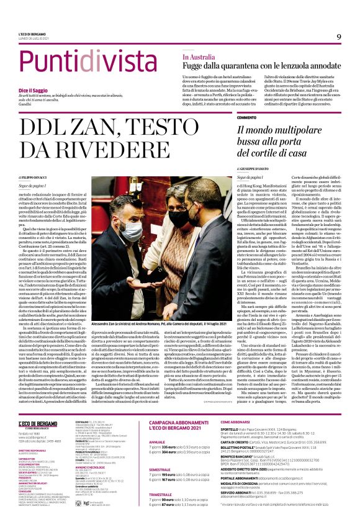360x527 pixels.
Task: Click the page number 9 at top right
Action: (x=338, y=37)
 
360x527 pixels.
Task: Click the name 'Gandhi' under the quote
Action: (x=25, y=106)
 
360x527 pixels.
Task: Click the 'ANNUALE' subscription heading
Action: (x=158, y=425)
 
